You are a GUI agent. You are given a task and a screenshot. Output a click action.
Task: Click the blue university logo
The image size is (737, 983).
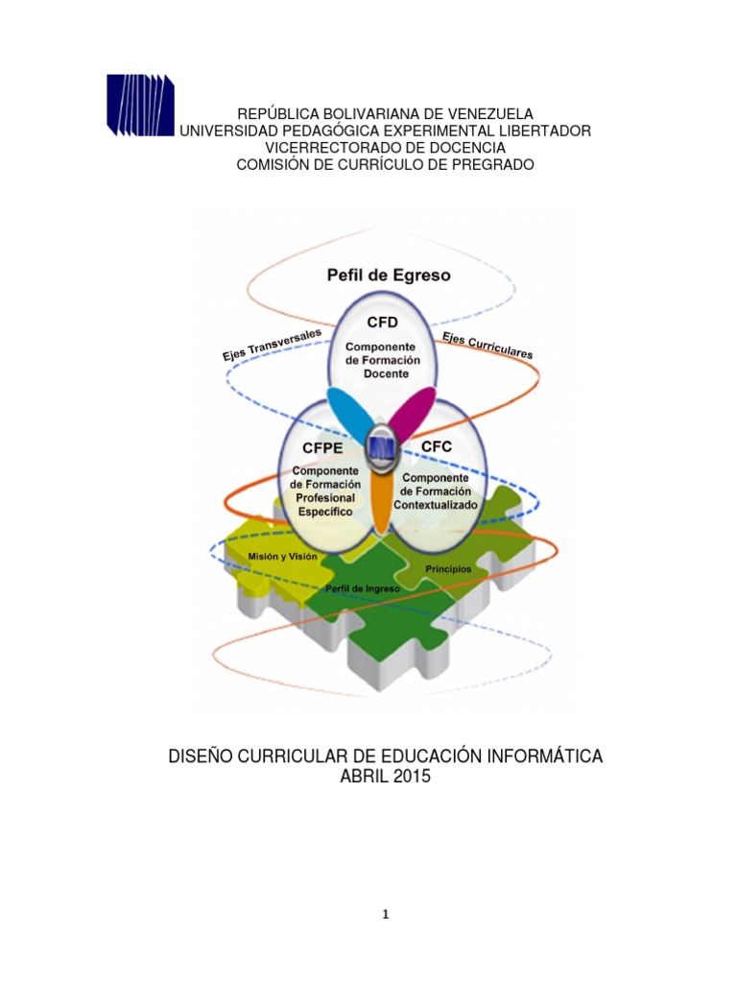[x=140, y=104]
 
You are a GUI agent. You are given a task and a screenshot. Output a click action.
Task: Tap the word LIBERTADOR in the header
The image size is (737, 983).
[x=539, y=131]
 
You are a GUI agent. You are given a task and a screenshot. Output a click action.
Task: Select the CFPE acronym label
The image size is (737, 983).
[x=323, y=448]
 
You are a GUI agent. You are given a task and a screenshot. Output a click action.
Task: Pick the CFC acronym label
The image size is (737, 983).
[x=436, y=446]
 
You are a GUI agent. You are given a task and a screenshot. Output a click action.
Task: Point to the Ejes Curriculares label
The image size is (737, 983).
[x=487, y=345]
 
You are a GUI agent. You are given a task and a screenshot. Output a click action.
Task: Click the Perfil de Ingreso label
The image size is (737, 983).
[x=356, y=587]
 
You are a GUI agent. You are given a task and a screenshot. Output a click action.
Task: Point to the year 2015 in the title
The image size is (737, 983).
[x=410, y=777]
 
